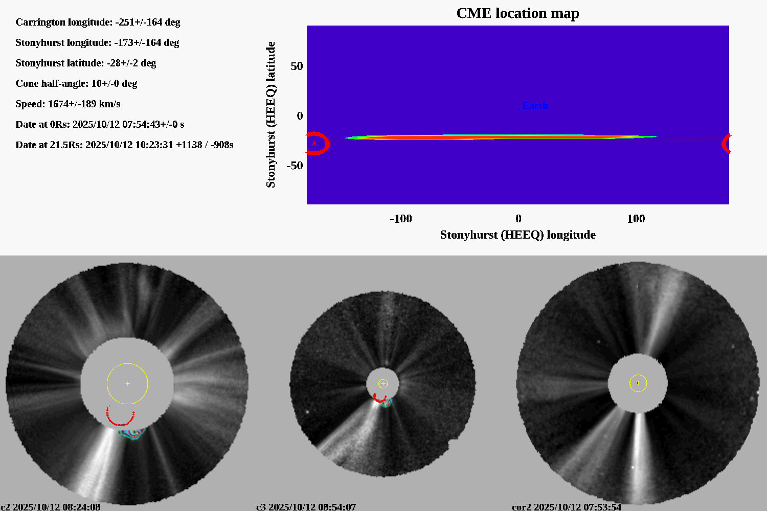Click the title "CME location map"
[517, 13]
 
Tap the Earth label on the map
[535, 106]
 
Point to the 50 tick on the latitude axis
[297, 66]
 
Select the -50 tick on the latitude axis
[295, 166]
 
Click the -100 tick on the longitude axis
[400, 219]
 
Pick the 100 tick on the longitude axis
[636, 219]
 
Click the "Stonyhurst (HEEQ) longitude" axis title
[517, 235]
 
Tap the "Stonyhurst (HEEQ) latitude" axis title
[270, 114]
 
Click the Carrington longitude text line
[98, 22]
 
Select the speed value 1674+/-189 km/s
[84, 104]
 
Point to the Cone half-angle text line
[76, 83]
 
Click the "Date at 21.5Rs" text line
[124, 145]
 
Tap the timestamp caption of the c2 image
[50, 507]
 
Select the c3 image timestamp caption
[306, 507]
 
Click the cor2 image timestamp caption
[567, 507]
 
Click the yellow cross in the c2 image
[127, 383]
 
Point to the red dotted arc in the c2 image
[121, 423]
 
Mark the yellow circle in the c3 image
[387, 384]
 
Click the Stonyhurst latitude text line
[85, 63]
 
